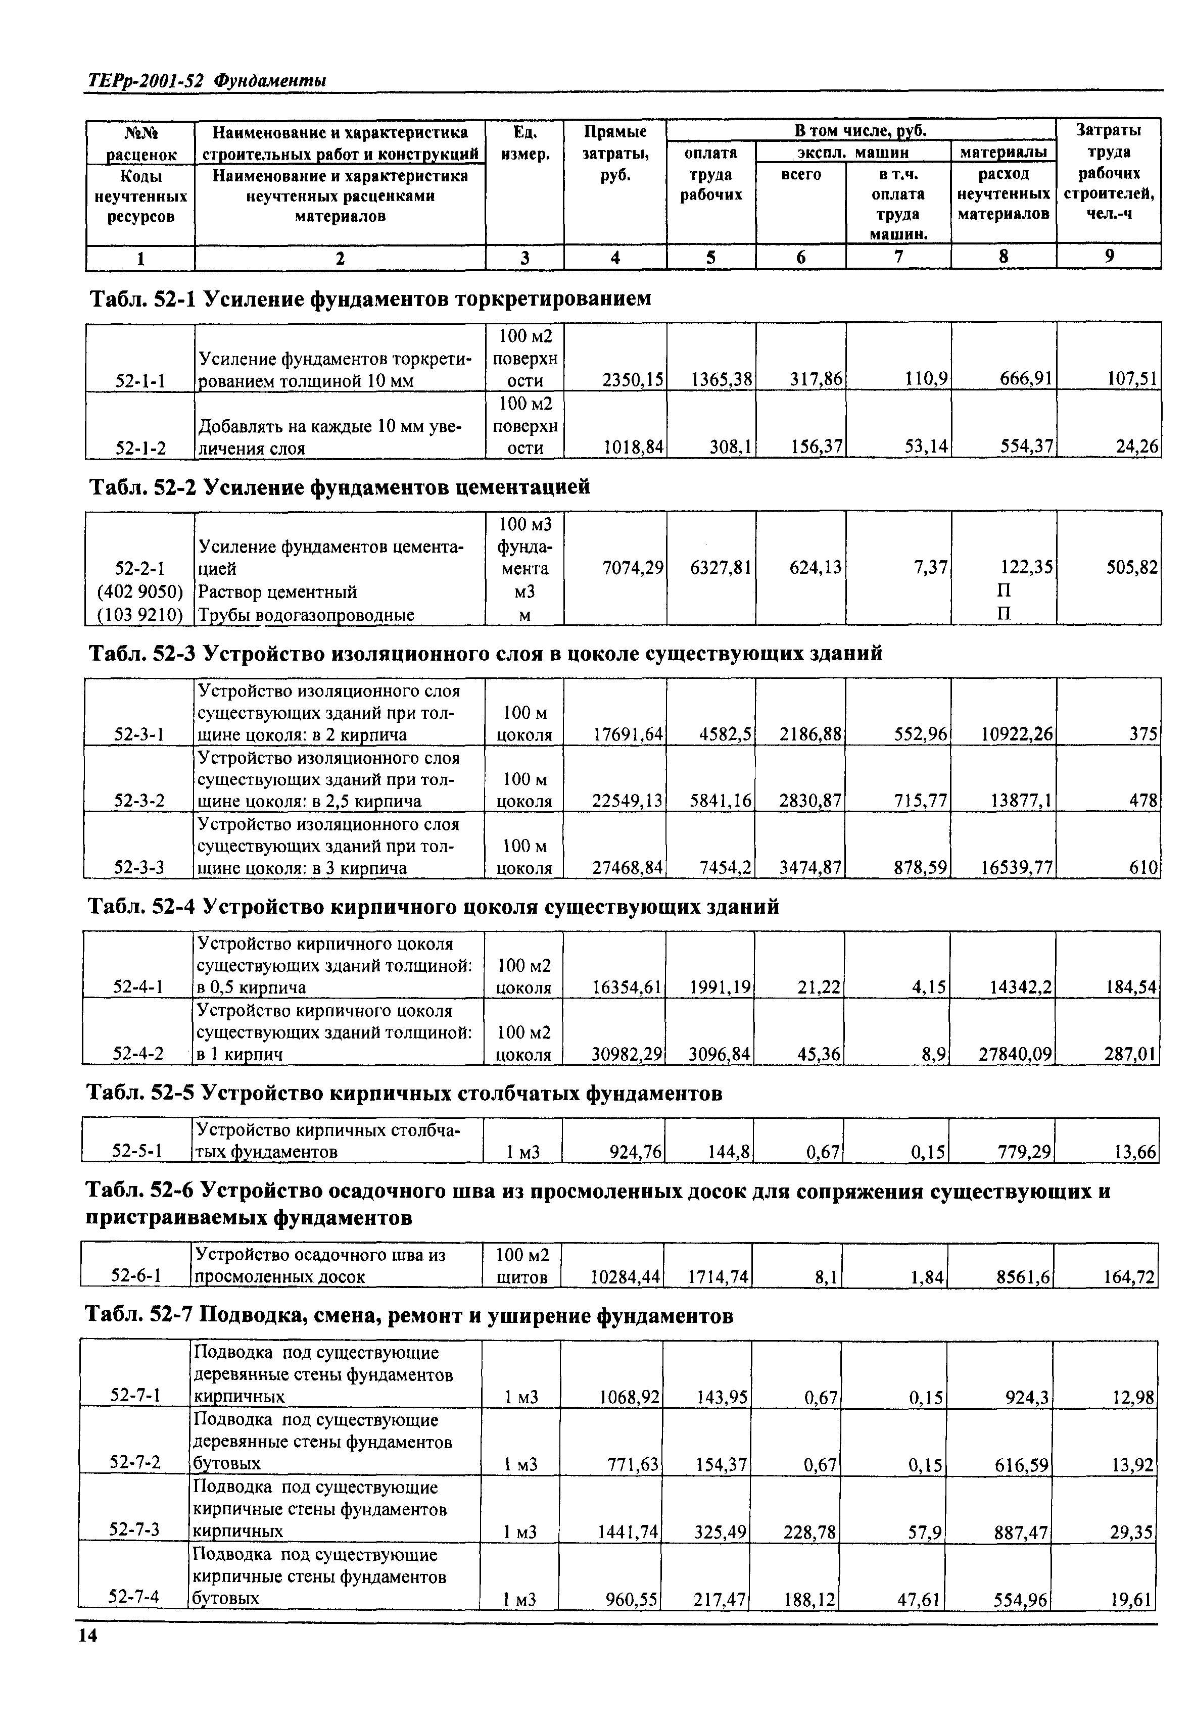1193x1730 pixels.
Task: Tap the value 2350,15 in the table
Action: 633,380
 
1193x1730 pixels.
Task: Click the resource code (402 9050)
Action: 140,592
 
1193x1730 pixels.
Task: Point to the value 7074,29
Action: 633,569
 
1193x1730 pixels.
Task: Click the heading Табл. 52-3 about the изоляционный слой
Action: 486,654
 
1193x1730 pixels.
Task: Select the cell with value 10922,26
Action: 1017,735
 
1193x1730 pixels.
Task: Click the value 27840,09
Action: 1015,1055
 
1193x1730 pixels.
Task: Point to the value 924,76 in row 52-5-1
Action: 635,1152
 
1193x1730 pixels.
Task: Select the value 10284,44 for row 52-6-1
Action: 625,1277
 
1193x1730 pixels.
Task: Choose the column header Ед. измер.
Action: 524,143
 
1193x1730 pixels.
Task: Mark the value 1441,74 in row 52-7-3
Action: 628,1532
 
